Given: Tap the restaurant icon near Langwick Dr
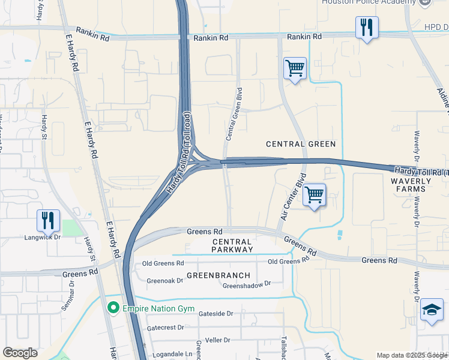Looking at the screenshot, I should (x=48, y=220).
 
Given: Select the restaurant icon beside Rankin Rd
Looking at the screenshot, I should (x=366, y=28).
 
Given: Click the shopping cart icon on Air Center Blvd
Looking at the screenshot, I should (x=314, y=195).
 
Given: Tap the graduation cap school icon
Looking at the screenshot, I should (x=432, y=310).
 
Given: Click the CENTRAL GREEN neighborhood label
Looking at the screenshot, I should (x=301, y=144).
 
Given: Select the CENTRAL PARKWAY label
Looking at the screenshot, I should (x=232, y=245).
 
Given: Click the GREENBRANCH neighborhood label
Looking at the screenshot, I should (x=217, y=275).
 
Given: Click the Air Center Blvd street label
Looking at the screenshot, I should (x=292, y=196).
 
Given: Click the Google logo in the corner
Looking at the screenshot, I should (x=20, y=353).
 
